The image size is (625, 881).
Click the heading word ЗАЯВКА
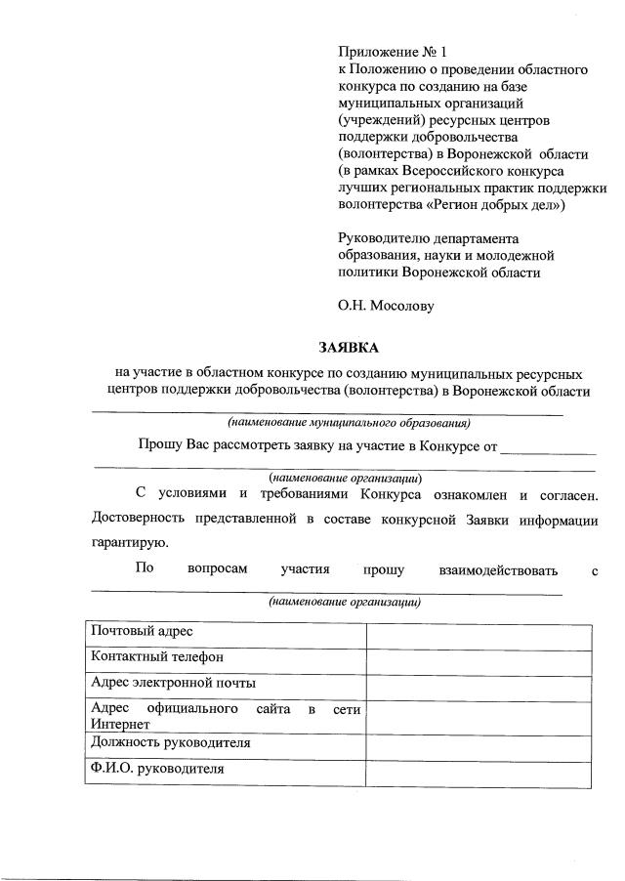tap(347, 348)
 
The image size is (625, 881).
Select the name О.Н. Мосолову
tap(386, 305)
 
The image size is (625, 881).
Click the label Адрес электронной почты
tap(173, 683)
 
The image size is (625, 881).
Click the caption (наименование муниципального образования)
tap(349, 423)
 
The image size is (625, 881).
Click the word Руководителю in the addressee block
tap(386, 238)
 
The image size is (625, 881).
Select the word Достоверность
tap(139, 518)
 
